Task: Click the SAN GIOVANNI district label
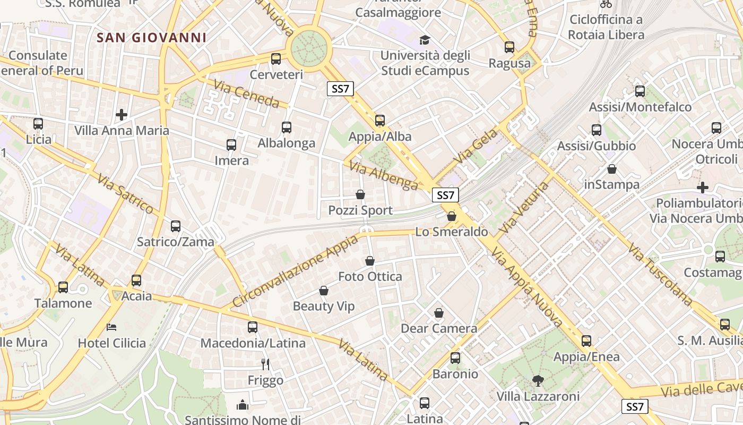(x=152, y=38)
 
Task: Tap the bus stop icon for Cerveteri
(x=276, y=59)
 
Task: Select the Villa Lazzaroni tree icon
(x=538, y=380)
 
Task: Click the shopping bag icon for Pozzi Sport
(x=360, y=195)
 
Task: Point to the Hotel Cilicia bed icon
(x=111, y=327)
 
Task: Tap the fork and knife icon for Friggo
(x=265, y=364)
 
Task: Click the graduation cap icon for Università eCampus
(x=425, y=40)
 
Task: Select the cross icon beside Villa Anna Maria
(x=122, y=114)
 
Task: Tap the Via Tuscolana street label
(x=660, y=275)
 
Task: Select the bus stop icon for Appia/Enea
(x=586, y=341)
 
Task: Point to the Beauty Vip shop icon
(x=324, y=291)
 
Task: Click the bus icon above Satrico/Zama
(x=176, y=226)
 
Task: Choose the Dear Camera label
(x=438, y=328)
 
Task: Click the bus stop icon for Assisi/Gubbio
(x=597, y=130)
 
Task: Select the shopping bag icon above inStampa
(x=612, y=169)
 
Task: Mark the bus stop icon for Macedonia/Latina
(x=253, y=327)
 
